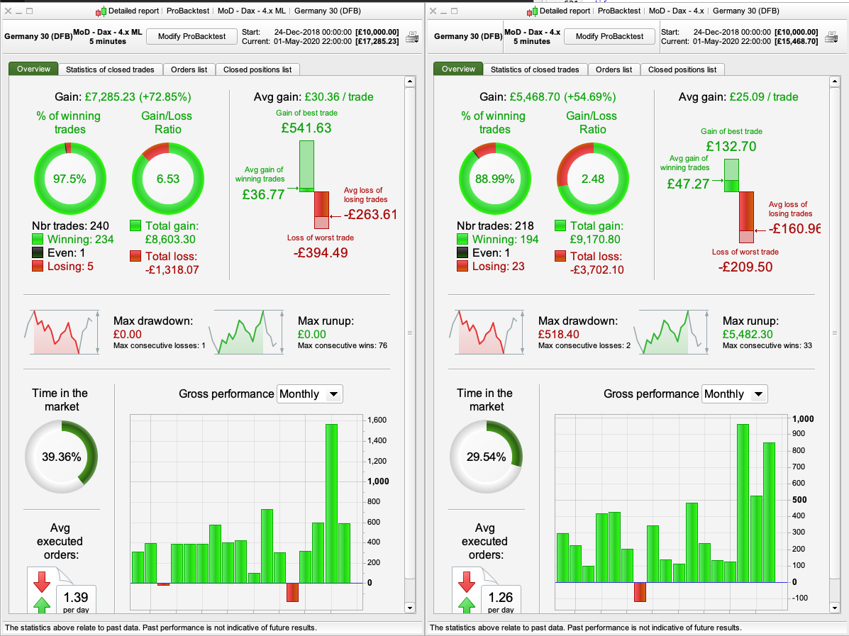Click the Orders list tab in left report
(x=189, y=69)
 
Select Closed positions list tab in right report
(x=682, y=69)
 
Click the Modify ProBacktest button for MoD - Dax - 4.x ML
(x=192, y=36)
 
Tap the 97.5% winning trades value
(x=70, y=179)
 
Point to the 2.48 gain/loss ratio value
(x=593, y=179)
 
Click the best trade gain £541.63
(x=305, y=128)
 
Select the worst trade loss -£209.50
(x=745, y=267)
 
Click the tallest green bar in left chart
(x=331, y=503)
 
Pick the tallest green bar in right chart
(x=743, y=503)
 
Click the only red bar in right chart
(x=640, y=591)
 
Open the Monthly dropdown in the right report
(x=734, y=394)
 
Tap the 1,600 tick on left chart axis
(x=377, y=420)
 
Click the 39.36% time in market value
(x=61, y=457)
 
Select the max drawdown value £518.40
(x=558, y=335)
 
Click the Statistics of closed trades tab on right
(x=535, y=69)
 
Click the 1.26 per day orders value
(x=501, y=596)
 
